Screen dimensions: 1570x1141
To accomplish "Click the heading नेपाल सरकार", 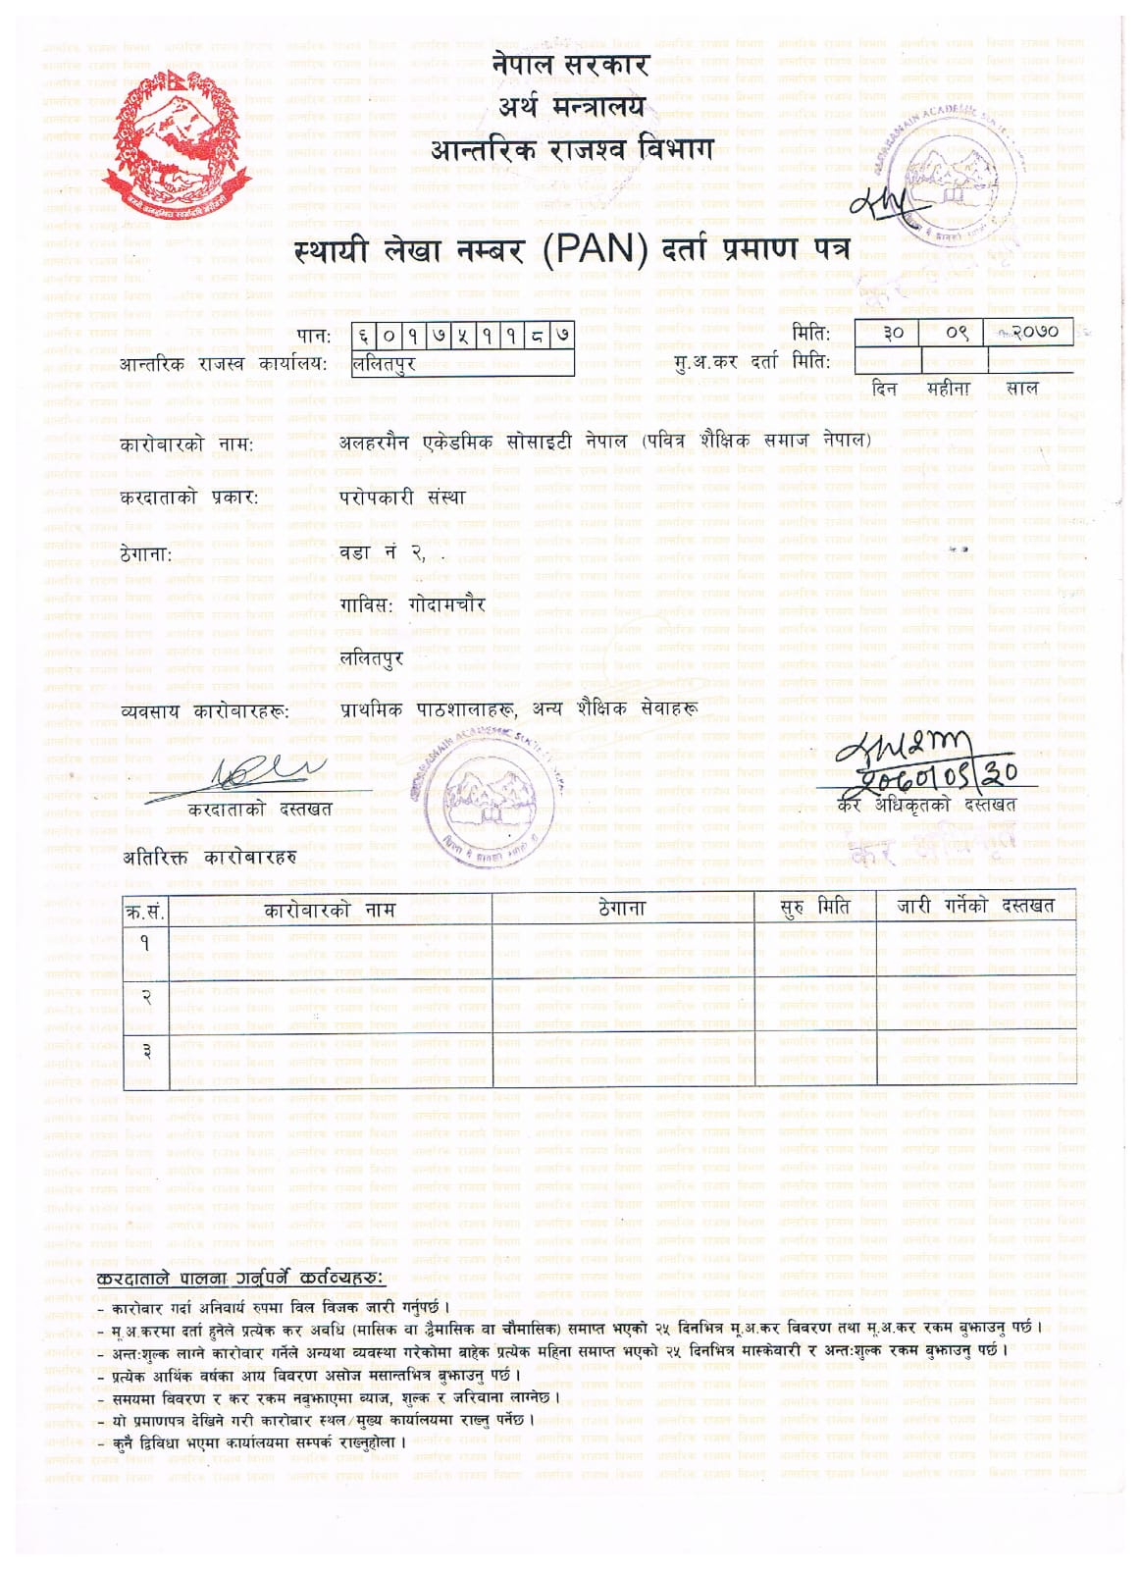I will [571, 66].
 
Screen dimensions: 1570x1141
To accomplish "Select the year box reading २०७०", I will [1032, 333].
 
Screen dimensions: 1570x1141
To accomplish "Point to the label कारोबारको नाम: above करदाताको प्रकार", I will [186, 445].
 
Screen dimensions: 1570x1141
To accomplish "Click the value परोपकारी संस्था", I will [402, 497].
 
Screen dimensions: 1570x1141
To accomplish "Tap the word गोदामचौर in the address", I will [447, 605].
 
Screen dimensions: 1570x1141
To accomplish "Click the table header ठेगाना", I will [622, 909].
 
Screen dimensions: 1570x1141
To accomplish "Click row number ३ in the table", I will [145, 1051].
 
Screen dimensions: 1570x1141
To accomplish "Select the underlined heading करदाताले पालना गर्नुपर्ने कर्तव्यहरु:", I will [241, 1280].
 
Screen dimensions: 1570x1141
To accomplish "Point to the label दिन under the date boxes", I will [885, 389].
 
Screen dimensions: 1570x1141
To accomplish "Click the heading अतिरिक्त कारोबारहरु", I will [209, 858].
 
